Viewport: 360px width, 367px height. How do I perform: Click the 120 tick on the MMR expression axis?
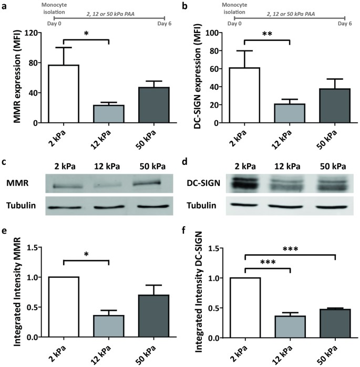pyautogui.click(x=35, y=33)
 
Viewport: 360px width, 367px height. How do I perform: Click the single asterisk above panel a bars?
pyautogui.click(x=86, y=33)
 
